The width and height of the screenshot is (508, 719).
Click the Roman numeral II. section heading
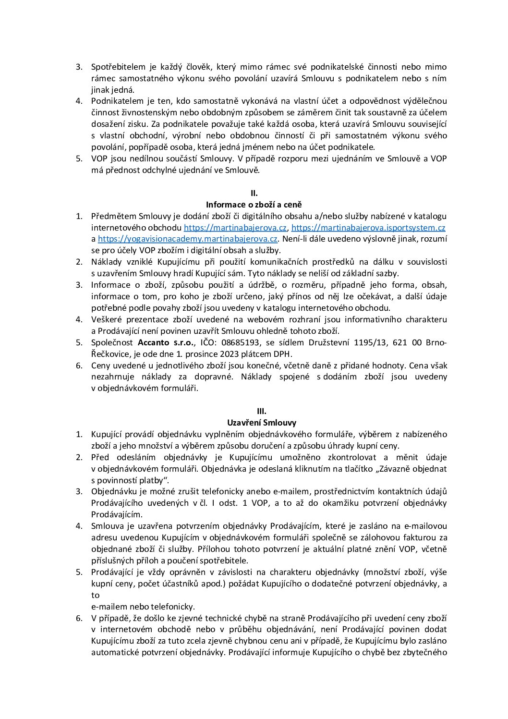coord(254,193)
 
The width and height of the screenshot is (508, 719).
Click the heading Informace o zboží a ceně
coord(254,205)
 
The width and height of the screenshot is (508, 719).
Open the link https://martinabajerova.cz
coord(235,228)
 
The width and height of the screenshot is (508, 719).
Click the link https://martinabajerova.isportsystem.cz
coord(368,228)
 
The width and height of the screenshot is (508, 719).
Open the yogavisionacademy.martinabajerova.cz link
coord(188,239)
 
